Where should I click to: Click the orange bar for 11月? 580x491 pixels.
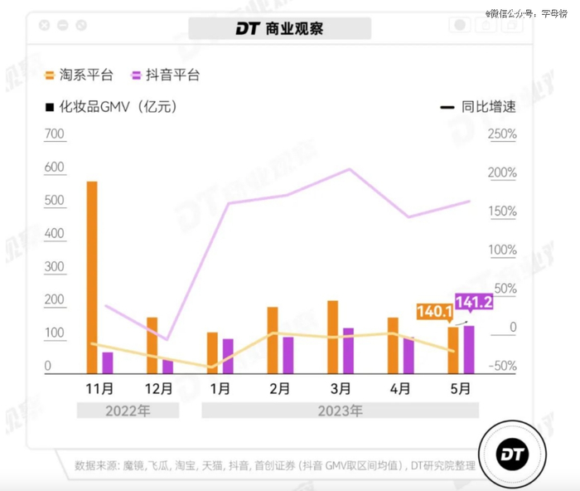92,278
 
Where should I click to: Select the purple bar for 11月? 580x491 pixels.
108,363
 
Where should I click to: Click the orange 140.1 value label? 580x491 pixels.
434,312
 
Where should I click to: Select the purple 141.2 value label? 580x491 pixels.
474,303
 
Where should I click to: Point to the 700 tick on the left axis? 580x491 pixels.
54,134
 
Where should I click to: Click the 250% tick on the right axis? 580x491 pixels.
501,134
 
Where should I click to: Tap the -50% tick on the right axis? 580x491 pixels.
501,367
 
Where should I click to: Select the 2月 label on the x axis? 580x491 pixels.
280,387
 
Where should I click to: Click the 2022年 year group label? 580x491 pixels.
128,411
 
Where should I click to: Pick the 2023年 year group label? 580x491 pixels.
341,411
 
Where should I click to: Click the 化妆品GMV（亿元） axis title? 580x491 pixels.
116,107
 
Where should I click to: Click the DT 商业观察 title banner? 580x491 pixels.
279,29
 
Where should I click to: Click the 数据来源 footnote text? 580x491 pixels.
273,465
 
